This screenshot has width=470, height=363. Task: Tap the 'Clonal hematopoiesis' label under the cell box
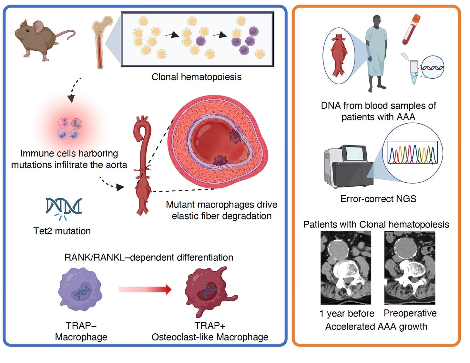[x=196, y=77]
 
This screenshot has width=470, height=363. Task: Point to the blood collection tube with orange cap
[x=411, y=29]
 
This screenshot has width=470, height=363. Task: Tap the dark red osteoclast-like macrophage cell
[x=208, y=290]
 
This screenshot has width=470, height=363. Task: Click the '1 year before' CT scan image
[x=346, y=268]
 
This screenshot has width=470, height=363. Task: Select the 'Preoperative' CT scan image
[x=410, y=268]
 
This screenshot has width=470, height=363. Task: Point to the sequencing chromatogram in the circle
[x=412, y=152]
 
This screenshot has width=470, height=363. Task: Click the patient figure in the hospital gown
[x=376, y=53]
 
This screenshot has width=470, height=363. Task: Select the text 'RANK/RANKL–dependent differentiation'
[x=149, y=257]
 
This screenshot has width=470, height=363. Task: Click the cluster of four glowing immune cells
[x=69, y=128]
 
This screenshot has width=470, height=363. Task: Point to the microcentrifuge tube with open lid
[x=413, y=69]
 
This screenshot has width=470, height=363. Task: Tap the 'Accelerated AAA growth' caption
[x=376, y=327]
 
